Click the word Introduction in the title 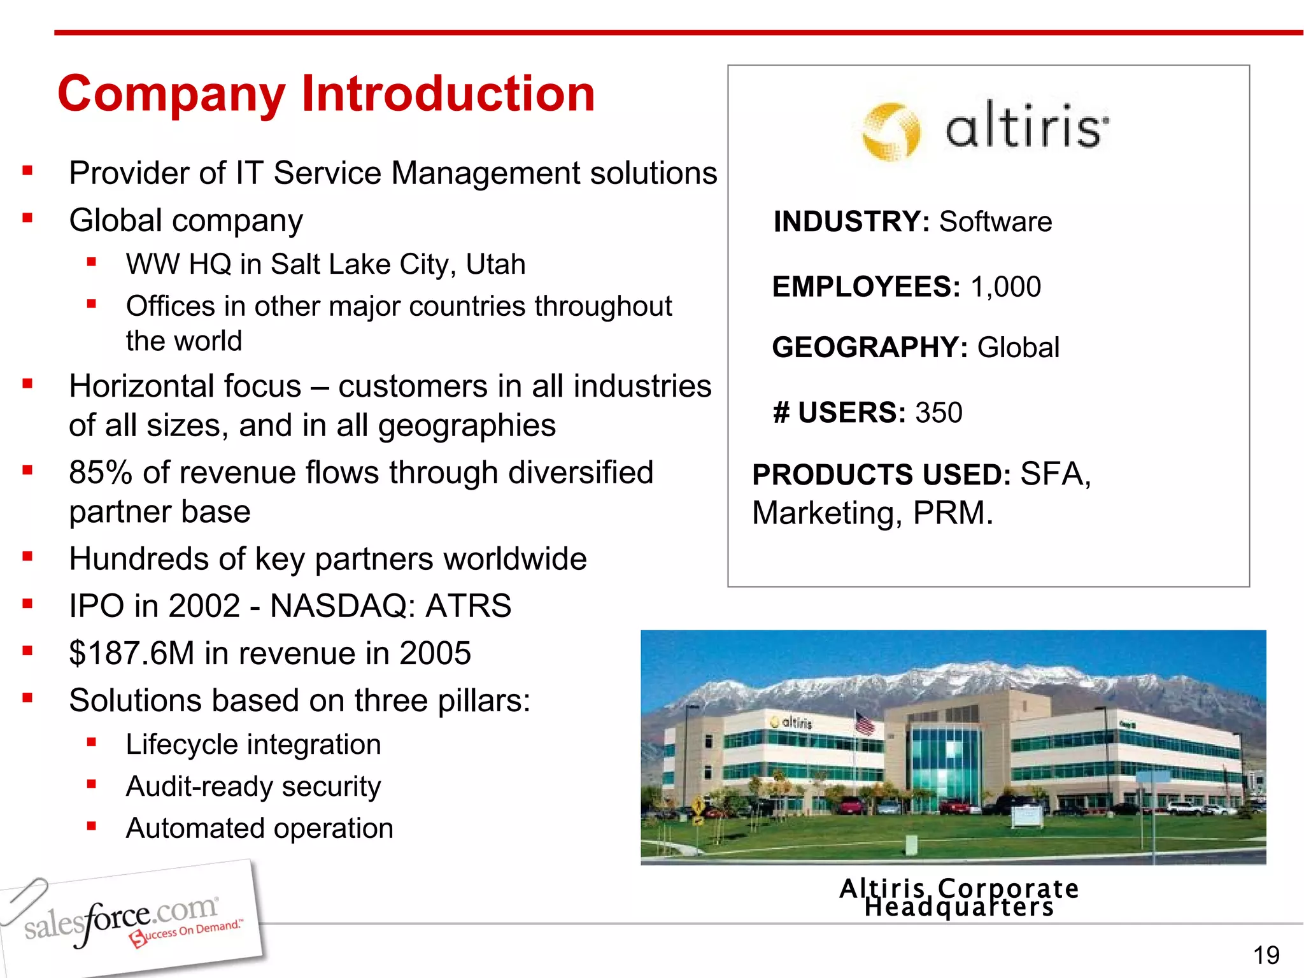(x=448, y=94)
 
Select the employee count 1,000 (x=1005, y=287)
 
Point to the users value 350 (x=939, y=413)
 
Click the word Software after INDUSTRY (x=995, y=222)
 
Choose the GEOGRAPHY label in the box (x=869, y=348)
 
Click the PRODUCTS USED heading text (x=881, y=475)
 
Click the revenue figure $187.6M (x=131, y=653)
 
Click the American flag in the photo (x=864, y=723)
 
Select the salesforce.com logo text (x=121, y=919)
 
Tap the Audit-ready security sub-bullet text (x=253, y=786)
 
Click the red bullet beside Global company (x=27, y=218)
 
